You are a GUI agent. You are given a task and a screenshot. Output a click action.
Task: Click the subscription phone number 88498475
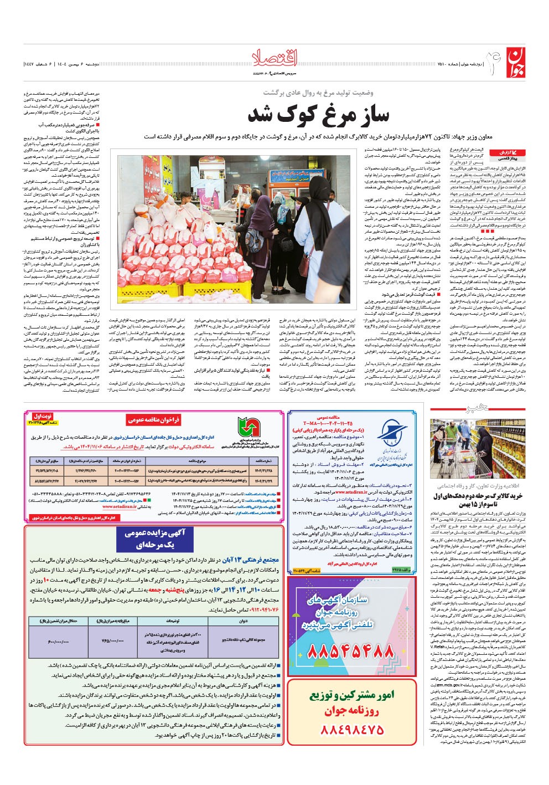351,730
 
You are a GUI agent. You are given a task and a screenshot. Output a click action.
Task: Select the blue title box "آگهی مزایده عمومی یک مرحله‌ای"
151,538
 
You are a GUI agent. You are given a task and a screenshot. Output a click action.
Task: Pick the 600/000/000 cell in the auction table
59,642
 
